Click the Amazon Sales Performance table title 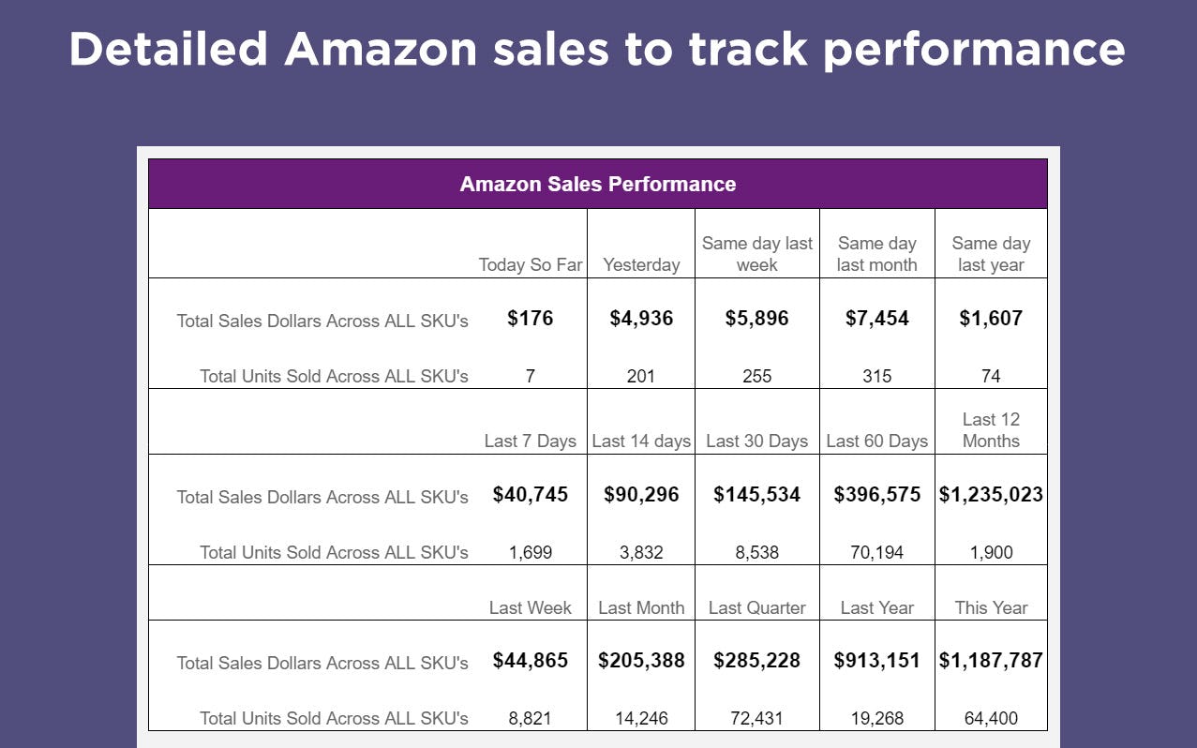coord(597,184)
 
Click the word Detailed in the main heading coord(168,49)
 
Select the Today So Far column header coord(530,264)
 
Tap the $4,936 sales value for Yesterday coord(641,319)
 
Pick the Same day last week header coord(756,254)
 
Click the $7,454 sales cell coord(876,319)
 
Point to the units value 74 coord(991,376)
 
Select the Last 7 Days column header coord(530,441)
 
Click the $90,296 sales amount coord(641,495)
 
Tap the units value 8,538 coord(756,552)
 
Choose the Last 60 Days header coord(876,441)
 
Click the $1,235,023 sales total coord(991,495)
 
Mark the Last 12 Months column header coord(991,430)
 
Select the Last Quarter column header coord(756,607)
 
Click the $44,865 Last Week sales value coord(530,661)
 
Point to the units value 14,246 coord(641,718)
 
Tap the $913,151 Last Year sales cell coord(876,661)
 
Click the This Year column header coord(991,607)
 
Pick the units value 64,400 coord(991,718)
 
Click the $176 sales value coord(530,319)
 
